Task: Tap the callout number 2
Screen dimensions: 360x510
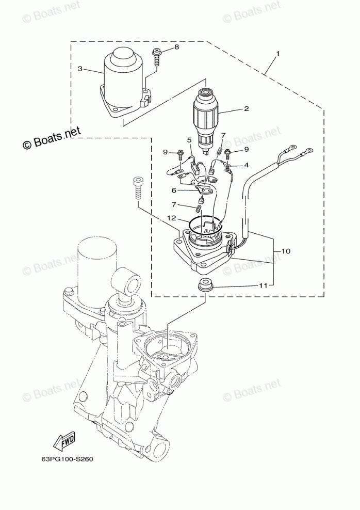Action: [x=247, y=108]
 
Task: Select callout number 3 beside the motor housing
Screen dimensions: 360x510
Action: [x=80, y=68]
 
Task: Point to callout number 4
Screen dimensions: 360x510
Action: [x=246, y=165]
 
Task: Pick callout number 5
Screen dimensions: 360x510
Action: [x=189, y=139]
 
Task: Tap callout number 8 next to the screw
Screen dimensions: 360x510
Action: [x=176, y=47]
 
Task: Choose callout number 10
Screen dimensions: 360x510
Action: [x=285, y=251]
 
